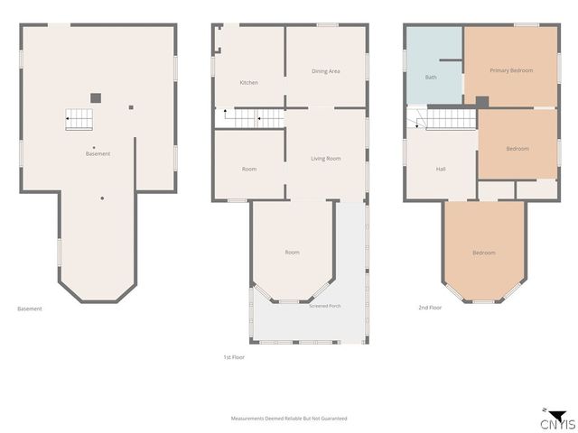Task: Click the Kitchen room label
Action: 249,82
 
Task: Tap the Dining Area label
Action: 325,71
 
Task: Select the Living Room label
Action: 325,159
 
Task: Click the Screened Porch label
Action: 325,306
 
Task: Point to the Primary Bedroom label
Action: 511,70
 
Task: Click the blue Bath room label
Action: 431,77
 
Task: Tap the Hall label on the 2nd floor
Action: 441,169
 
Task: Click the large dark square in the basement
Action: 96,98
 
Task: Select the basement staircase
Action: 79,119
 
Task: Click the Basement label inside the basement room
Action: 98,154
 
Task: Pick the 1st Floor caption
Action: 234,357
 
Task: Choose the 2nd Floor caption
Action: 430,308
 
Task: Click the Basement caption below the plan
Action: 30,309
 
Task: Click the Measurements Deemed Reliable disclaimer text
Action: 289,419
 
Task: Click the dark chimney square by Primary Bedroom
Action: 482,102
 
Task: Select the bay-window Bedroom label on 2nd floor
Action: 484,253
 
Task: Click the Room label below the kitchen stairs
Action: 249,169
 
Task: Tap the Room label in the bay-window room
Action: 292,253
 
